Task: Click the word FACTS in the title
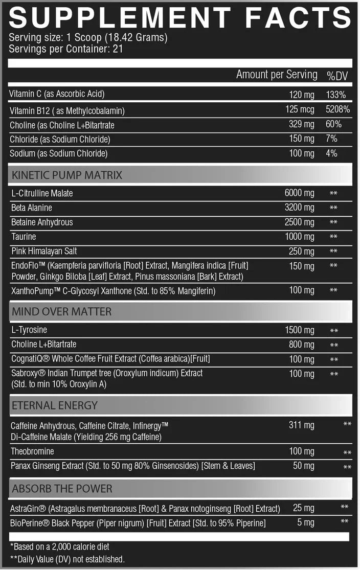tap(298, 17)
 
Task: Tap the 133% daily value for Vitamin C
tap(335, 95)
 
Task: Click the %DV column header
tap(337, 75)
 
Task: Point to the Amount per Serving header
tap(277, 75)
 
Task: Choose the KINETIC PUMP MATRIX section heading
tap(67, 175)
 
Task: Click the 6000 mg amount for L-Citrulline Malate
tap(300, 193)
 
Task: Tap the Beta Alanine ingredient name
tap(32, 208)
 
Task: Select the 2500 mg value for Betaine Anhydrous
tap(300, 222)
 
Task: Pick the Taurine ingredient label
tap(24, 237)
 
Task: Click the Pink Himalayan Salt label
tap(44, 251)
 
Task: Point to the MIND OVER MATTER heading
tap(61, 311)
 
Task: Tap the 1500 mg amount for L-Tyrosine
tap(300, 330)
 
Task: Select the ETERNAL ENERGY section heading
tap(55, 405)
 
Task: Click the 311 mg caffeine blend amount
tap(302, 425)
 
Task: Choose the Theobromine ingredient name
tap(32, 451)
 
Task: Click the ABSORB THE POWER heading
tap(62, 488)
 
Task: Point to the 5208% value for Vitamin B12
tap(337, 109)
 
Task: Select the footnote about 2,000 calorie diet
tap(59, 546)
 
